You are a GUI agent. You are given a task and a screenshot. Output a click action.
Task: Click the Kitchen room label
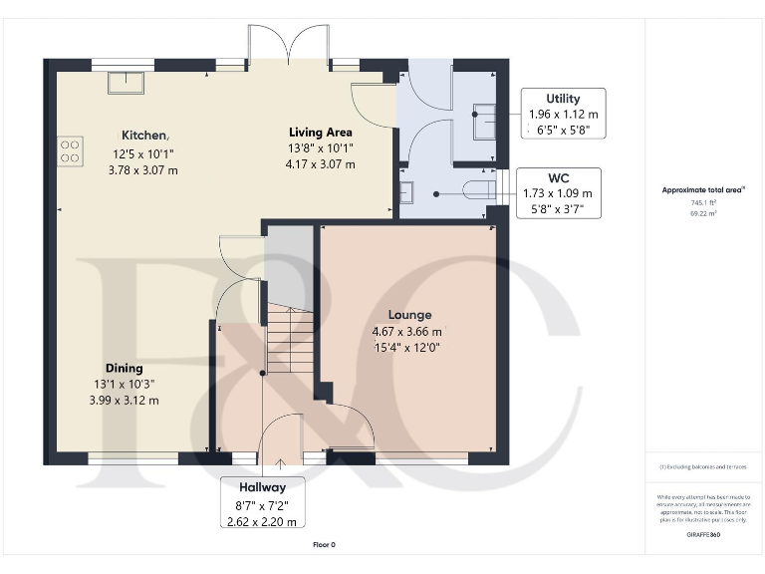tap(144, 135)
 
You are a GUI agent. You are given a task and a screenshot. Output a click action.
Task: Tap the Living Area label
tap(321, 132)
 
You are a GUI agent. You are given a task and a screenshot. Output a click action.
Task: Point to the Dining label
tap(125, 368)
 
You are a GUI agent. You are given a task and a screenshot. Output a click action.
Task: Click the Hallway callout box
tap(262, 503)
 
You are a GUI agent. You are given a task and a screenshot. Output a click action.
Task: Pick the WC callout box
tap(557, 192)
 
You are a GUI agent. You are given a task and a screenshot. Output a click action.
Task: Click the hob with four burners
tap(71, 149)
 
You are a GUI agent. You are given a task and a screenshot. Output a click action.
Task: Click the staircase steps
tap(290, 340)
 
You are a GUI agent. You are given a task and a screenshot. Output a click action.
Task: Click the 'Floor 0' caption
tap(325, 544)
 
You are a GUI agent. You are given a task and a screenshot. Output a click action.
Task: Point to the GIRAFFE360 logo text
tap(703, 535)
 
